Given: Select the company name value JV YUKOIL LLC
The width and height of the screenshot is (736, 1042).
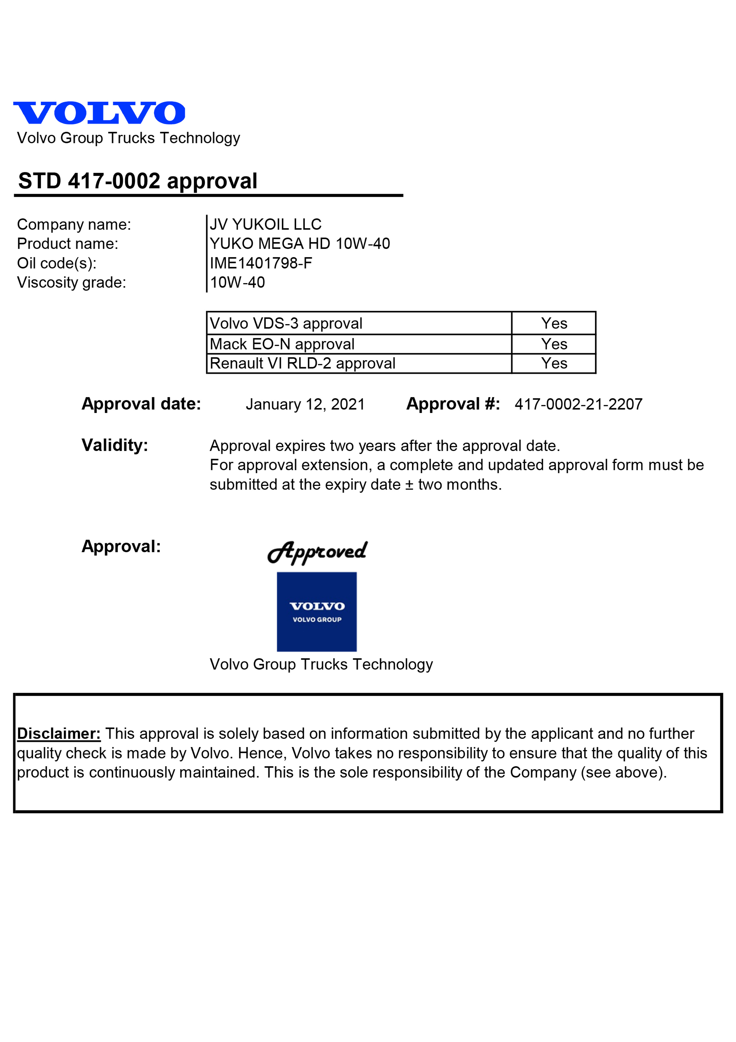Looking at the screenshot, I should point(265,224).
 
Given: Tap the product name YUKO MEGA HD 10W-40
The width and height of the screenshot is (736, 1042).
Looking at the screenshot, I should point(299,244).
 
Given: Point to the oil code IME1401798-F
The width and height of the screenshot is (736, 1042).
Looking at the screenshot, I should point(261,263).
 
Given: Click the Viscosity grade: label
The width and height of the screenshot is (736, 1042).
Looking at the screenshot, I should point(72,282).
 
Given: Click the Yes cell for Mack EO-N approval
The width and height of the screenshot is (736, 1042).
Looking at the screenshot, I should point(554,344).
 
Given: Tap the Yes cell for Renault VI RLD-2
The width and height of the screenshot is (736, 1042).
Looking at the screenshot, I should point(554,364).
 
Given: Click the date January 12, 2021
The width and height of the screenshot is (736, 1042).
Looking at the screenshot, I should point(305,404).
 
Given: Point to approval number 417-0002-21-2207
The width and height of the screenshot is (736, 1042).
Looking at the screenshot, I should point(578,404).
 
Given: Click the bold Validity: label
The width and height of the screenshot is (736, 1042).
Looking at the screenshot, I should point(115,445).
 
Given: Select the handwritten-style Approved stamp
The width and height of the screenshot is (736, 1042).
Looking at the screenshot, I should point(318,552).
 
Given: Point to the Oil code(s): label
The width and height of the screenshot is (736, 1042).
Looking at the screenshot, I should point(57,263).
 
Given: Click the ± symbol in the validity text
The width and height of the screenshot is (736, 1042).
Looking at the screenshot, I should point(409,485).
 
